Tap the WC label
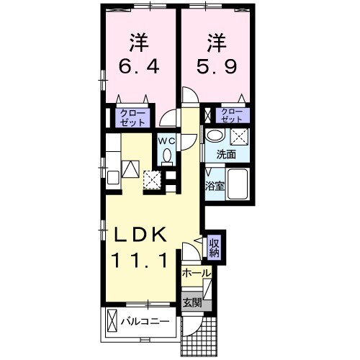pyautogui.click(x=167, y=140)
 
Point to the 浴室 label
pyautogui.click(x=215, y=186)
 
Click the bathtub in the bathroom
pyautogui.click(x=237, y=186)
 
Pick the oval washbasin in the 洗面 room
pyautogui.click(x=215, y=135)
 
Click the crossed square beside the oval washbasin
pyautogui.click(x=238, y=135)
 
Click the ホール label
pyautogui.click(x=195, y=274)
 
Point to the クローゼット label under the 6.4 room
pyautogui.click(x=132, y=117)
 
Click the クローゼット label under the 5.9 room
pyautogui.click(x=232, y=115)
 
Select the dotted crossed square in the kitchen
pyautogui.click(x=152, y=179)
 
